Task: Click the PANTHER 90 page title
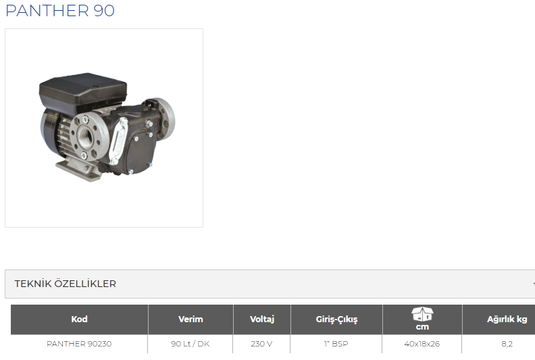60,11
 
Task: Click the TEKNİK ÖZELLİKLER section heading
65,284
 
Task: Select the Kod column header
79,319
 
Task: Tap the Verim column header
190,319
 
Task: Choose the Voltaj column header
261,319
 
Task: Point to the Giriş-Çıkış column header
336,319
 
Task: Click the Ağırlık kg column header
507,319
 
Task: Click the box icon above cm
422,314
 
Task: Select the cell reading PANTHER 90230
79,344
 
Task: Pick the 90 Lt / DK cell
190,344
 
